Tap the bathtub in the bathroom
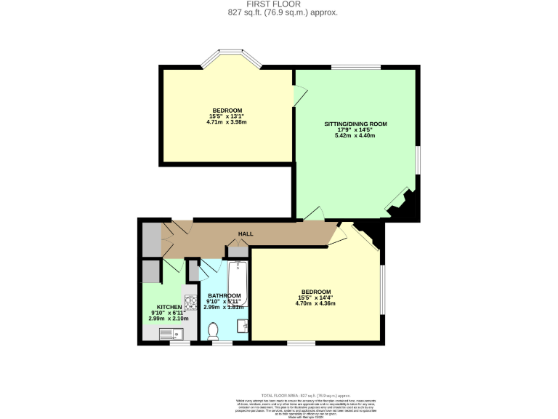[x=238, y=284]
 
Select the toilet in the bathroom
[x=214, y=332]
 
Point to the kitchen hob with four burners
[x=191, y=302]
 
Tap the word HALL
[x=246, y=234]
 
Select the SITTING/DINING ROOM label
[x=355, y=124]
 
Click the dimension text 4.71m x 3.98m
[x=227, y=121]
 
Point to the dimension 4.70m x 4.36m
[x=316, y=303]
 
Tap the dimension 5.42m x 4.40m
[x=355, y=136]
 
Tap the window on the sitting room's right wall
[x=417, y=161]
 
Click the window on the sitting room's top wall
[x=355, y=68]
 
